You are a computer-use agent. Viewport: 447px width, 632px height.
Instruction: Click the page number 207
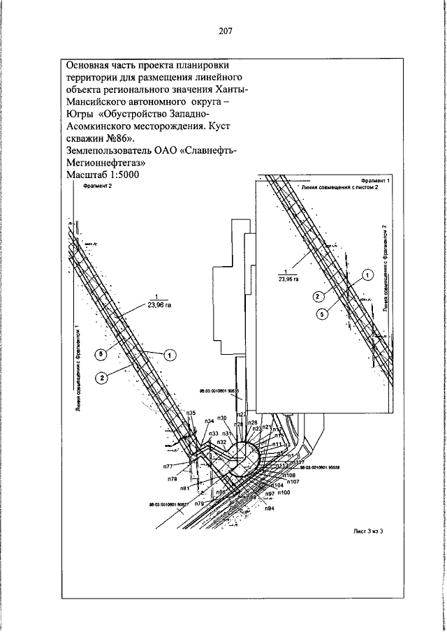pyautogui.click(x=223, y=31)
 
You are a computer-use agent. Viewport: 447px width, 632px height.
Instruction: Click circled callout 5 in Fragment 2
pyautogui.click(x=101, y=355)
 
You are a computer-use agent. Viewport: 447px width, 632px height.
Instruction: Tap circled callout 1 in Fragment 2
pyautogui.click(x=168, y=355)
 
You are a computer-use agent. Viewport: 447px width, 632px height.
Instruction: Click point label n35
pyautogui.click(x=191, y=413)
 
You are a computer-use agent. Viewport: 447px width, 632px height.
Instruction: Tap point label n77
pyautogui.click(x=168, y=466)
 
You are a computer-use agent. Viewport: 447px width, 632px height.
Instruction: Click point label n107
pyautogui.click(x=293, y=482)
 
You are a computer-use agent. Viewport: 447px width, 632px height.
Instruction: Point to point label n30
pyautogui.click(x=222, y=418)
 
